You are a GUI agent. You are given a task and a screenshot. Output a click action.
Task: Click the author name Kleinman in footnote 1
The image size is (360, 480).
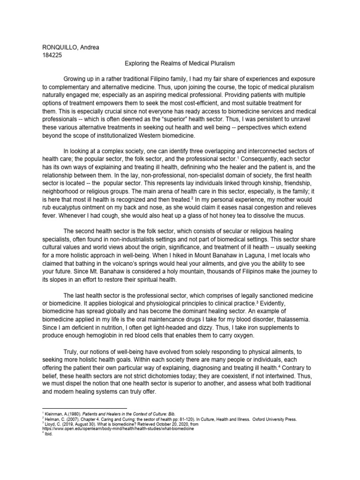coord(55,414)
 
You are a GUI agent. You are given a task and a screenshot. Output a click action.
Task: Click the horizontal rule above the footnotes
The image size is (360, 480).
coord(84,408)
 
